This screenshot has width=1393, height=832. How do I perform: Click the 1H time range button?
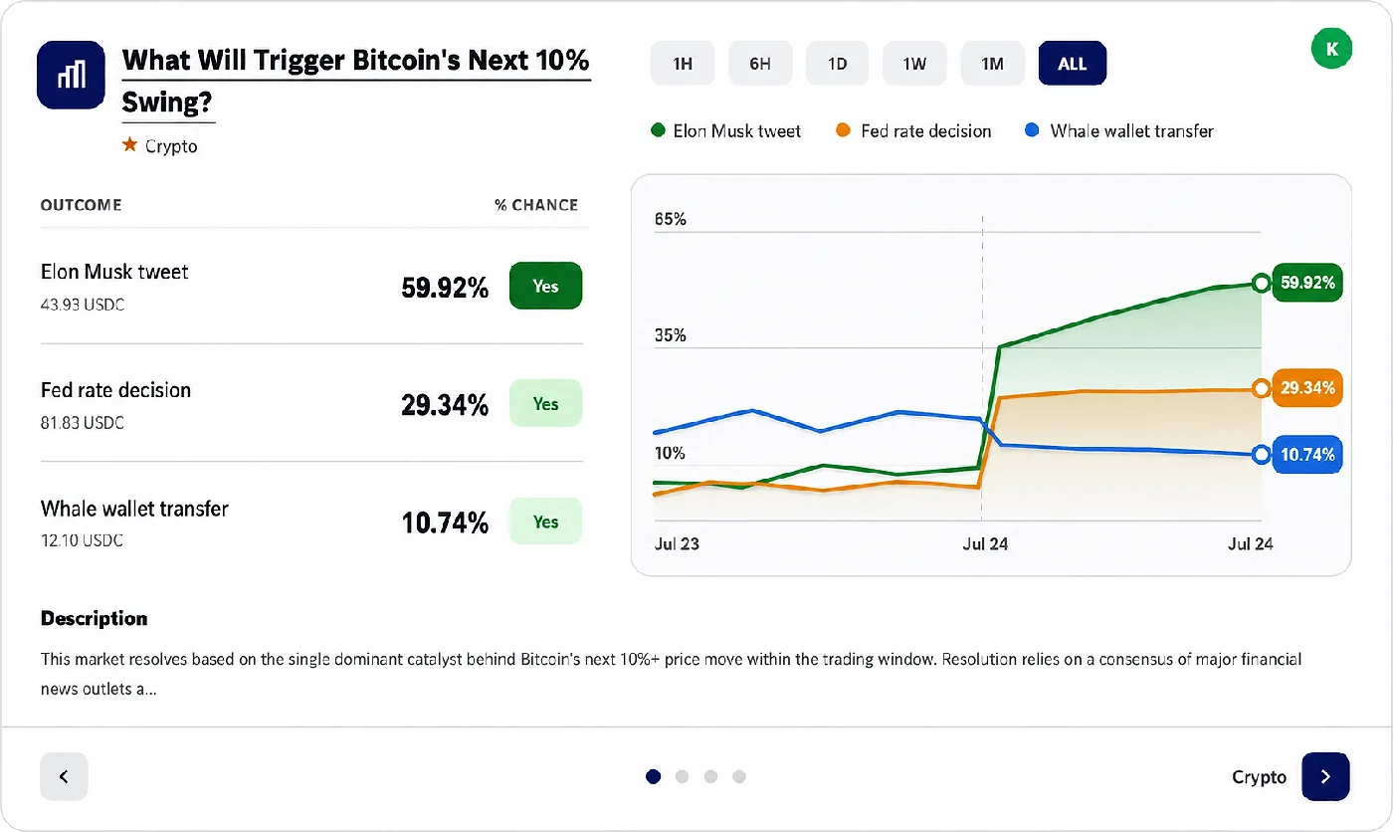[x=683, y=63]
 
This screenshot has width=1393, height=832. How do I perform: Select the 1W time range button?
[x=914, y=63]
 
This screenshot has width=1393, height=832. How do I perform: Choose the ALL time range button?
[x=1073, y=63]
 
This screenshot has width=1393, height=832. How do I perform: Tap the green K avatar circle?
[x=1331, y=49]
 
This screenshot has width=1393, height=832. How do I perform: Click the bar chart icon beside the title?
[x=71, y=76]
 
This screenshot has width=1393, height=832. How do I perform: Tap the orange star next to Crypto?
[x=130, y=145]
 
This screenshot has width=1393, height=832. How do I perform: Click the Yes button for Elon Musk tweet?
[x=545, y=286]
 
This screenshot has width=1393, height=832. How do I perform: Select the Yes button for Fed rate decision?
[x=545, y=404]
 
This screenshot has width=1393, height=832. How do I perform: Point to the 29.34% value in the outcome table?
[x=445, y=405]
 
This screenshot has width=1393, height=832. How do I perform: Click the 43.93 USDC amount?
[x=82, y=305]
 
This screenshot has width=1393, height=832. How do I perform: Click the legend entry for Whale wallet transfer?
[x=1119, y=130]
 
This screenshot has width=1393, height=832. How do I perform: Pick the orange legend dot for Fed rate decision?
[x=844, y=130]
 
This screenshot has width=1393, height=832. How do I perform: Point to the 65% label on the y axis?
[x=670, y=219]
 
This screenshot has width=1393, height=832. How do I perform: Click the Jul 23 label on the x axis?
[x=677, y=544]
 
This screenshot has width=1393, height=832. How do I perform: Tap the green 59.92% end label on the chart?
[x=1307, y=283]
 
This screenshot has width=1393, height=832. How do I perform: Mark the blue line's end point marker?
[x=1262, y=455]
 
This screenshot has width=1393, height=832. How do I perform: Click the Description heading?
[x=94, y=618]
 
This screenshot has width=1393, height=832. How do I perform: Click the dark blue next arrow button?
[x=1325, y=776]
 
